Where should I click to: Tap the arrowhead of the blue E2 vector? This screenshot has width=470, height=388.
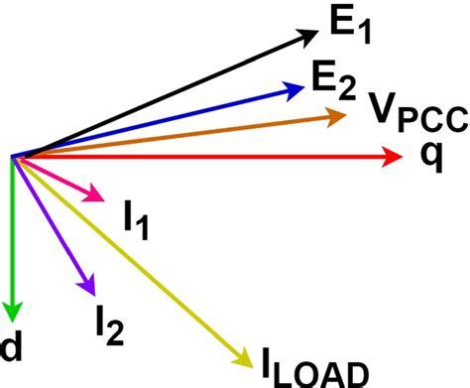click(294, 89)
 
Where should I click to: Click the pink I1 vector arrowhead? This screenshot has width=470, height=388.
click(95, 194)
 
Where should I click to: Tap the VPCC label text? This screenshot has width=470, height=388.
click(416, 113)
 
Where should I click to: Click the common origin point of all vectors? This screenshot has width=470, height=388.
click(13, 156)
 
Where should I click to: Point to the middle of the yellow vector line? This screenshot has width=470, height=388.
click(128, 256)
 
